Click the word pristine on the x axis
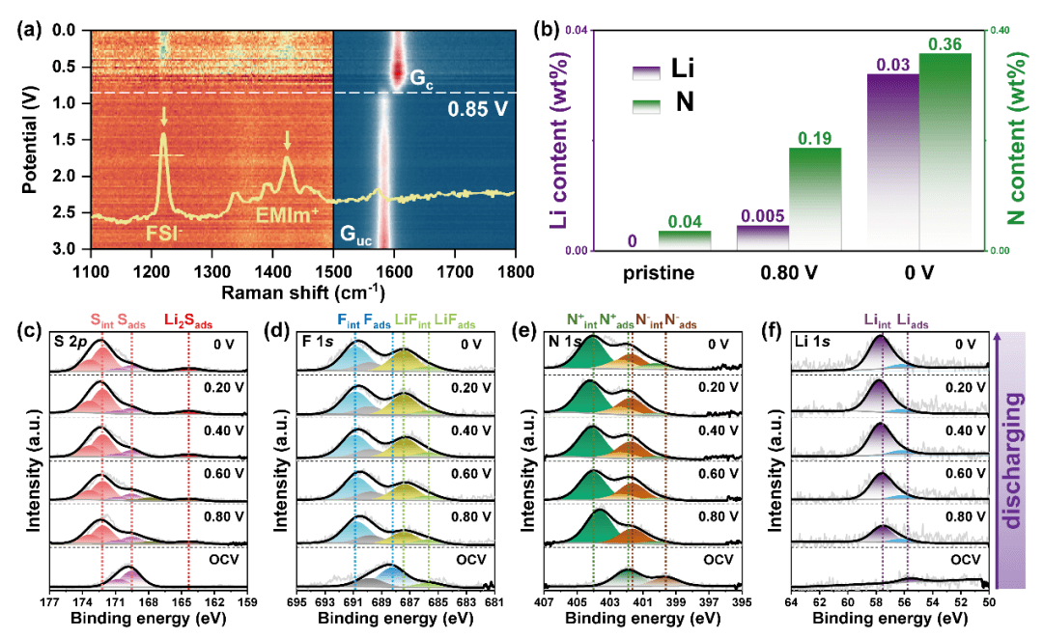coord(659,272)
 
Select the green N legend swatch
coord(645,100)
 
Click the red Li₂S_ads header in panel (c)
coord(188,319)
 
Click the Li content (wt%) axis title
coord(557,139)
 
